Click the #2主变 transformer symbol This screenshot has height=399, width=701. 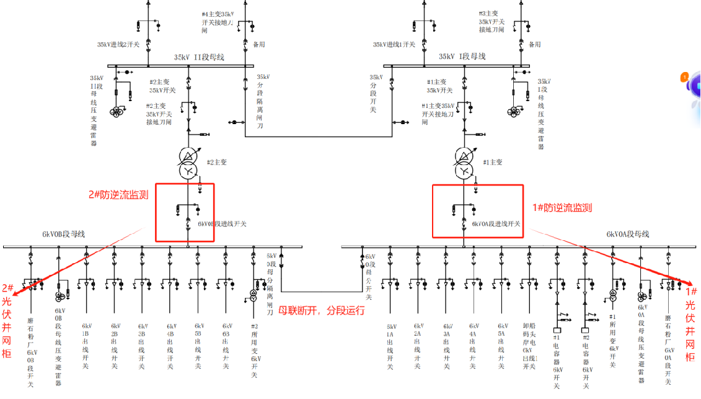pyautogui.click(x=188, y=163)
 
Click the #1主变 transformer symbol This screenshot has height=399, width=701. pyautogui.click(x=464, y=163)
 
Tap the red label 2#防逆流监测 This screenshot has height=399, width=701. pyautogui.click(x=118, y=194)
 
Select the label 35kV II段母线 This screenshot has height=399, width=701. pyautogui.click(x=199, y=57)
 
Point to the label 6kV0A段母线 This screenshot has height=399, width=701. pyautogui.click(x=627, y=234)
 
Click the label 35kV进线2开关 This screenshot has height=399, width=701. pyautogui.click(x=118, y=45)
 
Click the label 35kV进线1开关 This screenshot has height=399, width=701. pyautogui.click(x=394, y=45)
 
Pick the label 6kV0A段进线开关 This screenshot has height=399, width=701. pyautogui.click(x=496, y=223)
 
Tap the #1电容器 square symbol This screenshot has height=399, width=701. pyautogui.click(x=557, y=330)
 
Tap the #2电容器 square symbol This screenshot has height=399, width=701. pyautogui.click(x=584, y=330)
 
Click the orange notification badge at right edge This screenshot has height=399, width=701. pyautogui.click(x=684, y=78)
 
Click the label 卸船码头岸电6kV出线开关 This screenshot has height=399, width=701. pyautogui.click(x=529, y=346)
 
